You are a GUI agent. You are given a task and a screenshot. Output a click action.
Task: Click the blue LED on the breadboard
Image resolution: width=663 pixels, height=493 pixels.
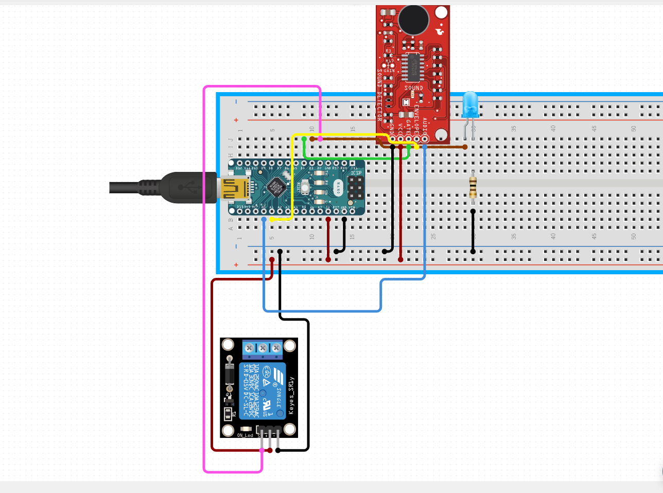470,105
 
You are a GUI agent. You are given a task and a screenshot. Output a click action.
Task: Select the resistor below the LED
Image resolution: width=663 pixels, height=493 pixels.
473,187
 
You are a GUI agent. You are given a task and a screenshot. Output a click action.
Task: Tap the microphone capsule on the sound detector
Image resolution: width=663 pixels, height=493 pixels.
413,20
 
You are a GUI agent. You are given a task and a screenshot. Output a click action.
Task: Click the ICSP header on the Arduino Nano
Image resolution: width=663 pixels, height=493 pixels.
355,188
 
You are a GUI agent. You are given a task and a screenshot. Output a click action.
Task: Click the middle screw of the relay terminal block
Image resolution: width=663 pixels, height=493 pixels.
263,348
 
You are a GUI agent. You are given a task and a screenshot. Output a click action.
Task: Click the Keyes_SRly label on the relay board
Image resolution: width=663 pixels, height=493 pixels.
291,395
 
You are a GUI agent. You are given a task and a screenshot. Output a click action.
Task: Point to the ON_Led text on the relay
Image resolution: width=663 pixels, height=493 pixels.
245,435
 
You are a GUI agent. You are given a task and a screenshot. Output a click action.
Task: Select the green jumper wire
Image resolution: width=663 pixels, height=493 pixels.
355,157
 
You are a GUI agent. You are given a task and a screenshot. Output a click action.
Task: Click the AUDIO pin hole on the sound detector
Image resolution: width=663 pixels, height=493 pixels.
425,139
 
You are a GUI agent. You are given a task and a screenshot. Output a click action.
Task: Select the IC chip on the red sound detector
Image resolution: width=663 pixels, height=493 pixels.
413,67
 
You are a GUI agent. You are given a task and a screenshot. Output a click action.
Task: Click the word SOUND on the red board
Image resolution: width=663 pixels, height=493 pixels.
413,88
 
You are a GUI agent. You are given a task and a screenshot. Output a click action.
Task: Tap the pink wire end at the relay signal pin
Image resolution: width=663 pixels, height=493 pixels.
261,450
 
